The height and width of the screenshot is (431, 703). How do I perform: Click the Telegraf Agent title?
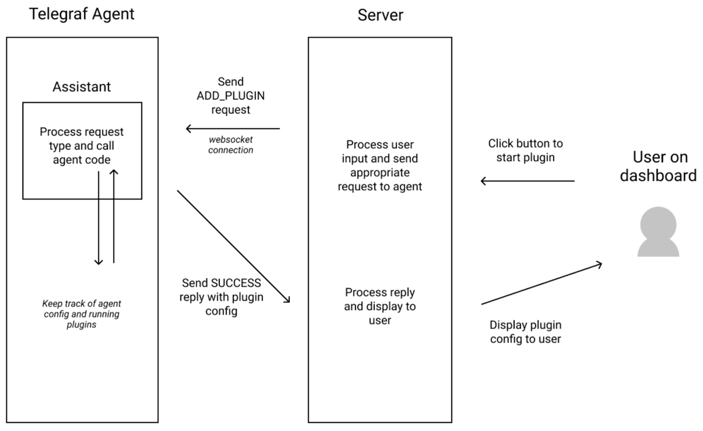[x=82, y=14]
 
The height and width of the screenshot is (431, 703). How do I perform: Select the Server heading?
[x=380, y=15]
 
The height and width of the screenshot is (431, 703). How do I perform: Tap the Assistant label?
[x=82, y=87]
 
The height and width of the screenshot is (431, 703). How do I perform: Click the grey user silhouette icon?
[x=658, y=231]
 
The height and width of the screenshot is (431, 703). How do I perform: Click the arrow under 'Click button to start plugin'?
[x=527, y=181]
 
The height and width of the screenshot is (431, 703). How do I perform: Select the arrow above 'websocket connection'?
[x=233, y=129]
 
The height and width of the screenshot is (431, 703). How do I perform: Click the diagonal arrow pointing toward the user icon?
[x=542, y=283]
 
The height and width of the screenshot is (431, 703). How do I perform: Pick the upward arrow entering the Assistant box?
[x=114, y=217]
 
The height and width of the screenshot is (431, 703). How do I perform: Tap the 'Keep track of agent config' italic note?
[x=82, y=314]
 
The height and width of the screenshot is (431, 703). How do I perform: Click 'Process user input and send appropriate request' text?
[x=379, y=165]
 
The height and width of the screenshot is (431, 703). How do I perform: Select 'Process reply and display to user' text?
[x=380, y=306]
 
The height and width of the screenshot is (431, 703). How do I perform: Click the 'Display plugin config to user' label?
[x=525, y=332]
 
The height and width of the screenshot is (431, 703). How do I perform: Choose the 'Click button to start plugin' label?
[x=525, y=151]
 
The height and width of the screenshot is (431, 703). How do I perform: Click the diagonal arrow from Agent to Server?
[x=234, y=246]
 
